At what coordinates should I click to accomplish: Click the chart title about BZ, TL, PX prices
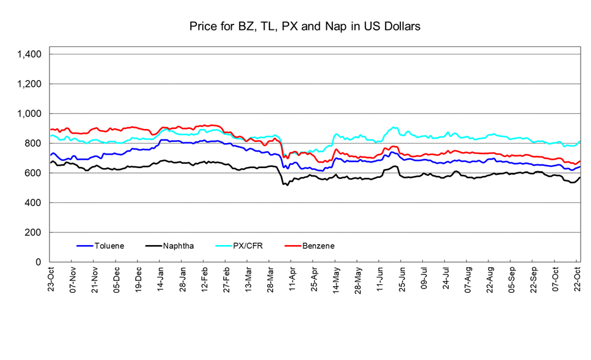click(x=305, y=27)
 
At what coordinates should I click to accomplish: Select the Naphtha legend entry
click(x=178, y=246)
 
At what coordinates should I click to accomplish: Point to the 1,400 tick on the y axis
click(x=29, y=54)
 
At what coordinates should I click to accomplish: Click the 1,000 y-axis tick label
click(x=29, y=114)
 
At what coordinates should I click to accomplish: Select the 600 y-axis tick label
click(x=34, y=173)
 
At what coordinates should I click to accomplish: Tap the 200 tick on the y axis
click(x=34, y=232)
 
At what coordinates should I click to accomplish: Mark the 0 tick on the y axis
click(x=38, y=262)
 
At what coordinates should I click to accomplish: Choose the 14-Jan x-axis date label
click(x=161, y=278)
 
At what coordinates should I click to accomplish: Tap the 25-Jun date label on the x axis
click(x=402, y=278)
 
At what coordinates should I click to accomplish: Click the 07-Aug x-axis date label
click(x=468, y=278)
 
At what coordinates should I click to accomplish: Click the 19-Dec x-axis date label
click(x=139, y=278)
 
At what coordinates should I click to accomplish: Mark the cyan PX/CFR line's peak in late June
click(x=394, y=127)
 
